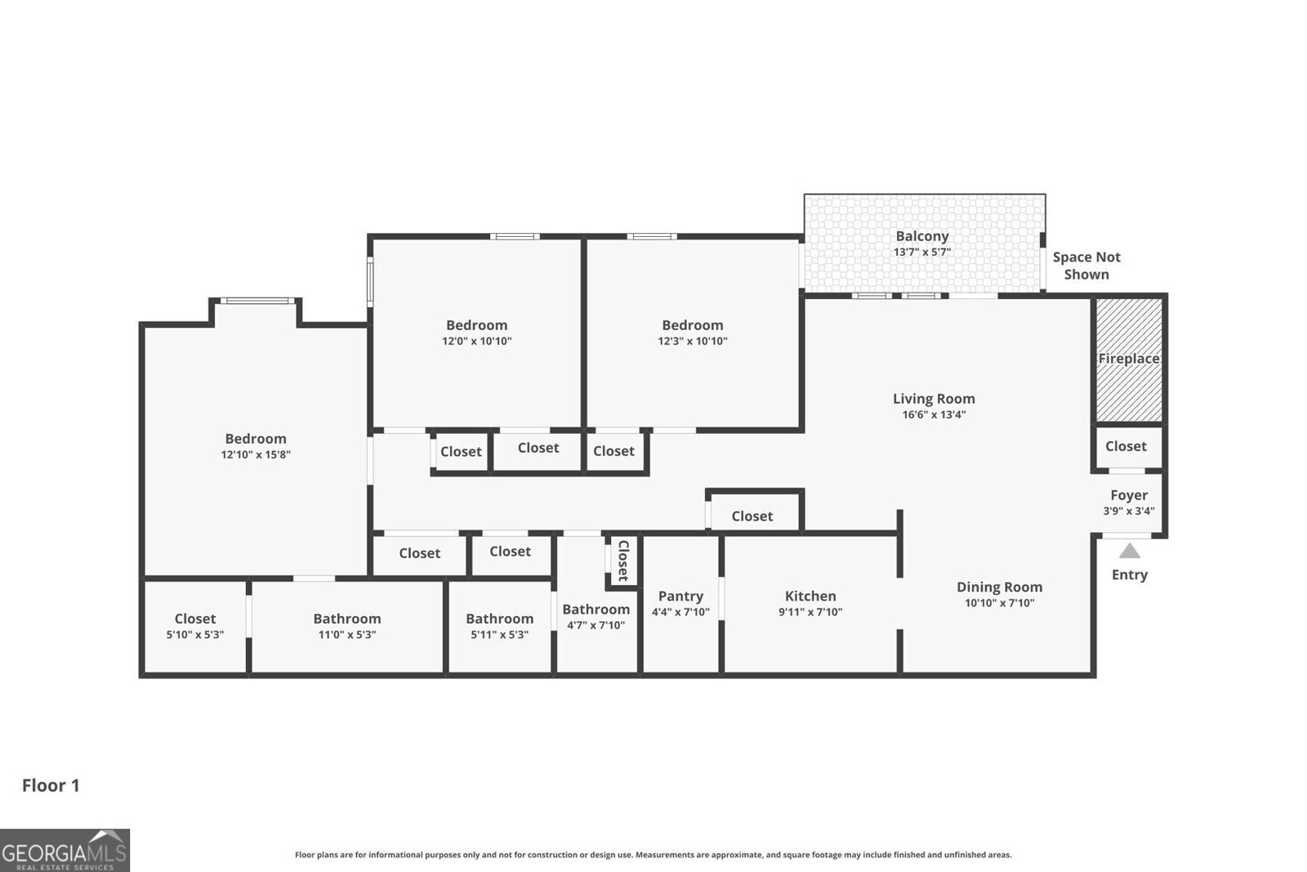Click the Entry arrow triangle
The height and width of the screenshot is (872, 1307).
pyautogui.click(x=1129, y=551)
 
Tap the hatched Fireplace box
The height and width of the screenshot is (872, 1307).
pyautogui.click(x=1128, y=360)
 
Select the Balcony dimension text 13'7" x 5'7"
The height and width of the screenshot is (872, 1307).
pyautogui.click(x=921, y=253)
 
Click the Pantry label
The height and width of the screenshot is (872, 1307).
pyautogui.click(x=680, y=597)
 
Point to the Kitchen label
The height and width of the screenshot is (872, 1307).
pyautogui.click(x=810, y=597)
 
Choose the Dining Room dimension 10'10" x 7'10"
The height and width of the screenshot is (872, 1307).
pyautogui.click(x=999, y=603)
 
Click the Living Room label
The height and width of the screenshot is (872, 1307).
pyautogui.click(x=933, y=399)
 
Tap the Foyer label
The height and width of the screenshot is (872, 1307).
pyautogui.click(x=1128, y=495)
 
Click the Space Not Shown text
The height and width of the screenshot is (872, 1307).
pyautogui.click(x=1086, y=266)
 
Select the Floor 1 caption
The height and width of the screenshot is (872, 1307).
pyautogui.click(x=51, y=785)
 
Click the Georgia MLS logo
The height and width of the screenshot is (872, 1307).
pyautogui.click(x=65, y=850)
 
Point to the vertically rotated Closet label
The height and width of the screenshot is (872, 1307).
pyautogui.click(x=622, y=561)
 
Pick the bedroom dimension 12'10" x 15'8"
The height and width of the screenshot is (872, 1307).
pyautogui.click(x=256, y=455)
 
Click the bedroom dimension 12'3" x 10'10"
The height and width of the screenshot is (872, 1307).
pyautogui.click(x=692, y=342)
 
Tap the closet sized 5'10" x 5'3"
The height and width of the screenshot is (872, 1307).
pyautogui.click(x=194, y=626)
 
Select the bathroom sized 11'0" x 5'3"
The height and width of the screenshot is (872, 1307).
pyautogui.click(x=346, y=626)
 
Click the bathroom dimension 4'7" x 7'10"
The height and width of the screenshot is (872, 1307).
pyautogui.click(x=596, y=625)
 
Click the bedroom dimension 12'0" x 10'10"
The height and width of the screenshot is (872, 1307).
pyautogui.click(x=476, y=342)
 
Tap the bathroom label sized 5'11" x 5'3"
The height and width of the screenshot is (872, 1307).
pyautogui.click(x=499, y=619)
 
